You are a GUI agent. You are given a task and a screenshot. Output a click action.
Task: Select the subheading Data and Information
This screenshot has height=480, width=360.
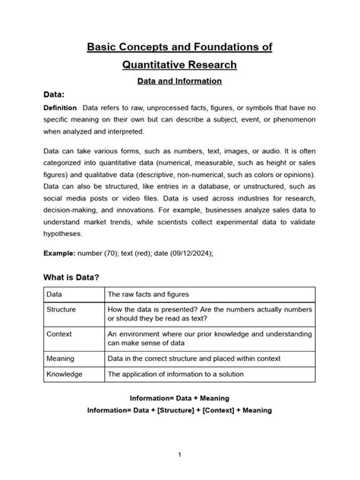pos(179,80)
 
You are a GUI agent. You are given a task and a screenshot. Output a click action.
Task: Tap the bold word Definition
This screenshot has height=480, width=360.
pos(62,109)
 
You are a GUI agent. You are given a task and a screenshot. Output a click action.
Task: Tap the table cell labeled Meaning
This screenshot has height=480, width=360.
pos(61,358)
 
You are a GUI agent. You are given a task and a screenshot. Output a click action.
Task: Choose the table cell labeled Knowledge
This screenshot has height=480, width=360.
pos(65,374)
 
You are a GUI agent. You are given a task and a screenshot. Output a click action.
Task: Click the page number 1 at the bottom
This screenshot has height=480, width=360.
pos(179,455)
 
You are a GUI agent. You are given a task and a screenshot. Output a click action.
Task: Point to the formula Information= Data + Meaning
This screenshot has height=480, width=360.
pos(179,398)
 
